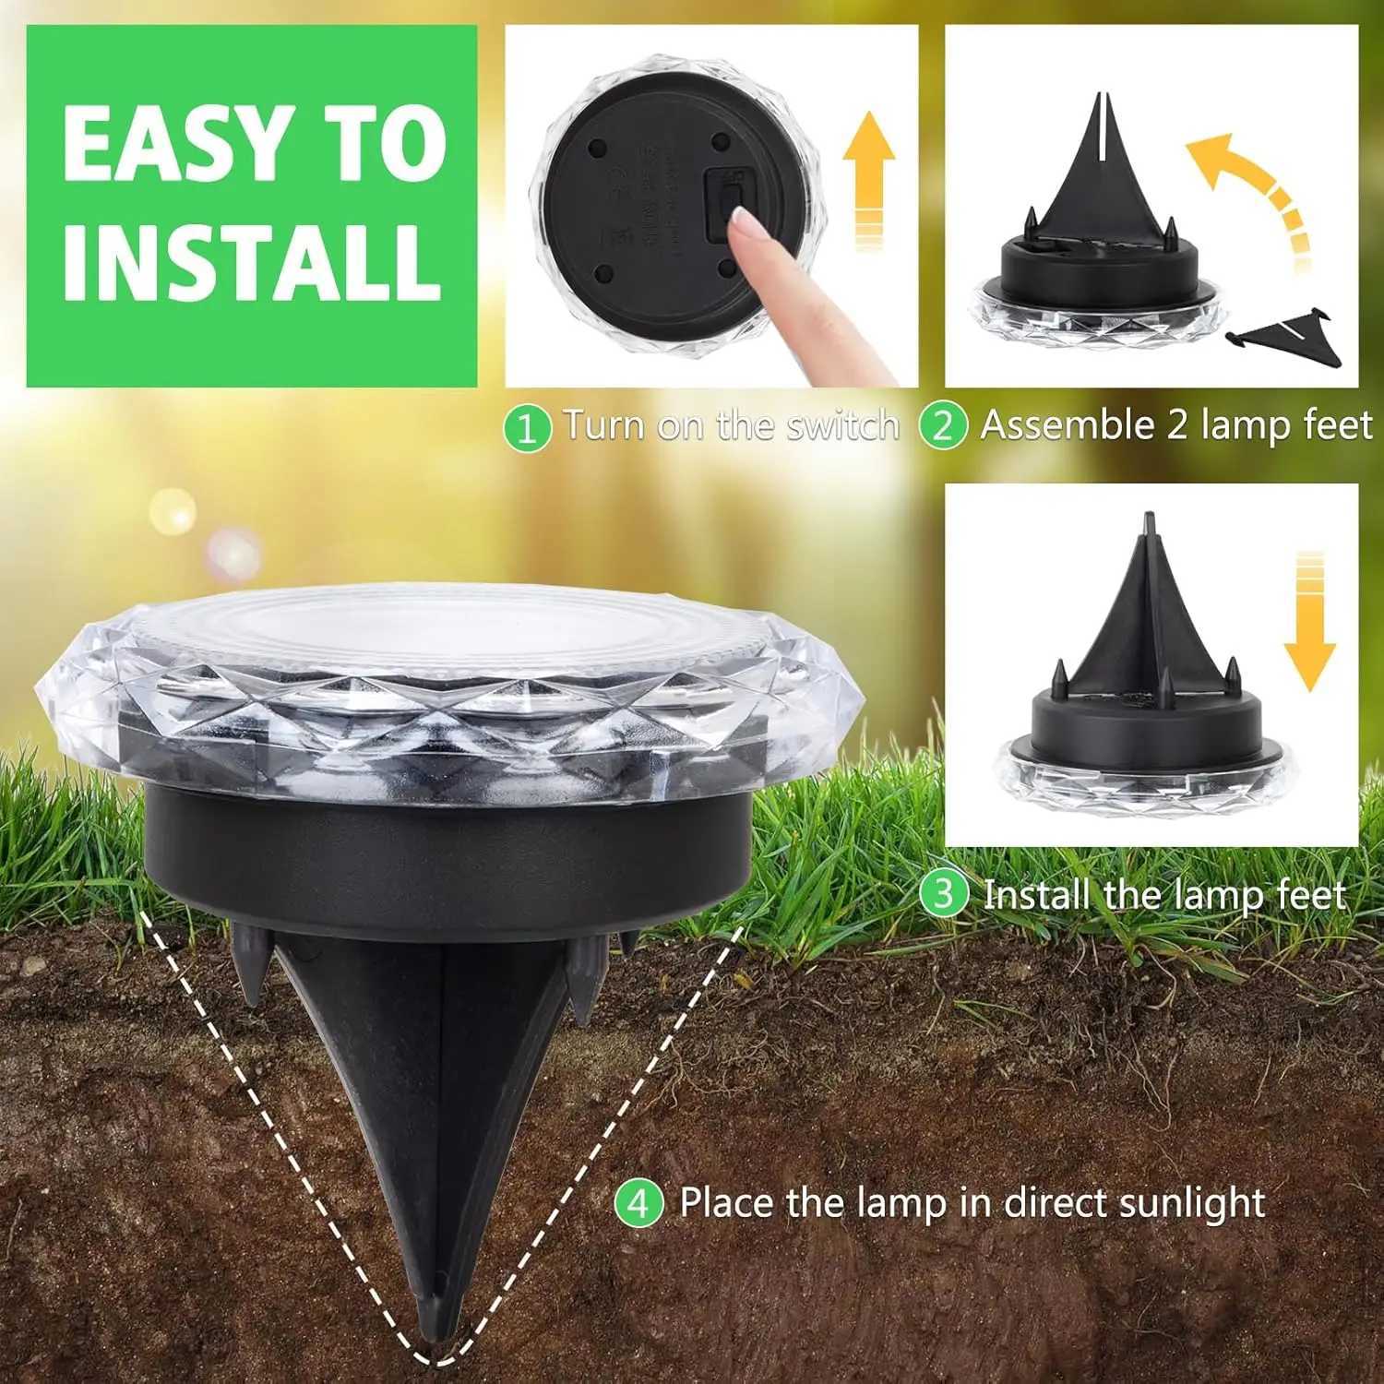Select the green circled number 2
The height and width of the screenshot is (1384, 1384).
coord(943,427)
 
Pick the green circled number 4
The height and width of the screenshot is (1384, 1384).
coord(638,1204)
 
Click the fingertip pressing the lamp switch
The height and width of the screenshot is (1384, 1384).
coord(744,221)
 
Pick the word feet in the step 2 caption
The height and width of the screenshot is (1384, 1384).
coord(1338,426)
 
